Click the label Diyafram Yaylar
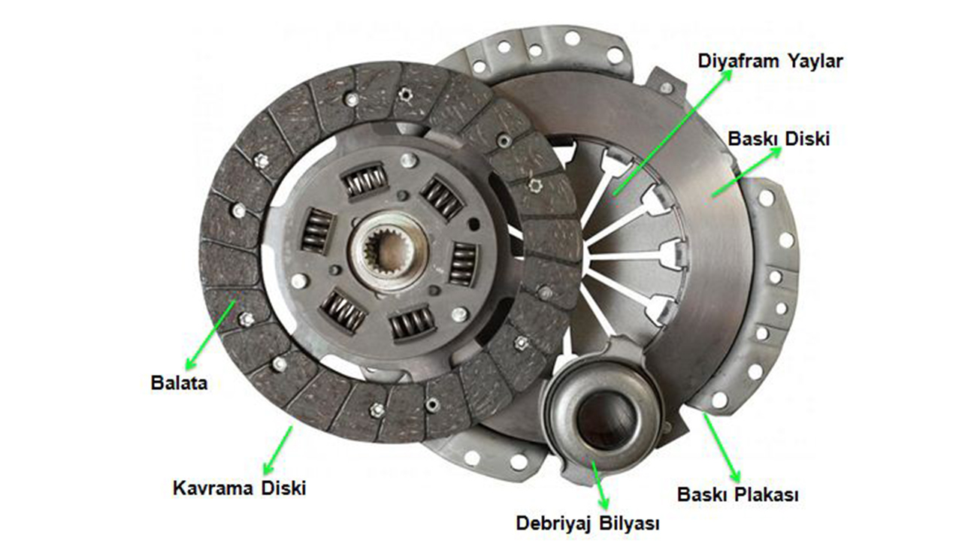[x=770, y=62]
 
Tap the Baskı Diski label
[x=779, y=139]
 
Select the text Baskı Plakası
[x=738, y=494]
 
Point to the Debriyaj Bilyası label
[x=588, y=524]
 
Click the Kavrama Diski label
[x=239, y=488]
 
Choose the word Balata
[x=179, y=383]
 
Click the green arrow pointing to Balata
[x=210, y=335]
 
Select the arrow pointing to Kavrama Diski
[x=277, y=449]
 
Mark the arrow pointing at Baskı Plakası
[x=722, y=447]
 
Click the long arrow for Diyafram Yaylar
[x=673, y=132]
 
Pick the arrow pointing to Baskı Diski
[x=746, y=172]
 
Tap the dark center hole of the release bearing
[x=606, y=421]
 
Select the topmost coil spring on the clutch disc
[x=365, y=180]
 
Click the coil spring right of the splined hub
[x=463, y=264]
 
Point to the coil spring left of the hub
[x=317, y=231]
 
